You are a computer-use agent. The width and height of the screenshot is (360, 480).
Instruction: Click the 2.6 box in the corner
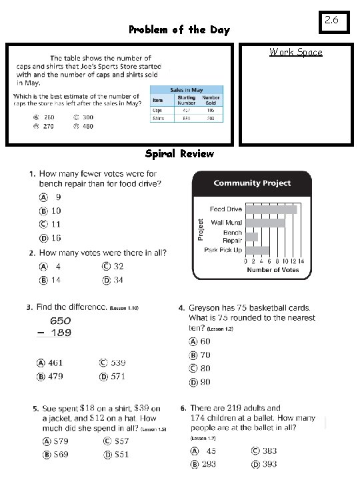(x=333, y=21)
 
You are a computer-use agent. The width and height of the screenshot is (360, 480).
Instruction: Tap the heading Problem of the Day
(x=179, y=29)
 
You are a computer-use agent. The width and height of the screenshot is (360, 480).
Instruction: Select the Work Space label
(x=295, y=52)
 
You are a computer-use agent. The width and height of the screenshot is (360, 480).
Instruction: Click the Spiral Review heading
(x=180, y=154)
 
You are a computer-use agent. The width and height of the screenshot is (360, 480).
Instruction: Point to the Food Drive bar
(x=271, y=209)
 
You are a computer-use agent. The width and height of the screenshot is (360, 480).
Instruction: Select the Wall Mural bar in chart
(x=265, y=223)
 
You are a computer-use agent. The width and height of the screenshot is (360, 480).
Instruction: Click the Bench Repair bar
(x=251, y=237)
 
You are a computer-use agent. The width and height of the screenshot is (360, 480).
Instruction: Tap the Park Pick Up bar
(x=257, y=250)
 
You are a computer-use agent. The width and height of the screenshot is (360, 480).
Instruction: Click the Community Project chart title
(x=251, y=183)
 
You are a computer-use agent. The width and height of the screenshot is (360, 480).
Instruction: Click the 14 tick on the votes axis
(x=301, y=261)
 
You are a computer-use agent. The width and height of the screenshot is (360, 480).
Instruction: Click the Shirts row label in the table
(x=159, y=118)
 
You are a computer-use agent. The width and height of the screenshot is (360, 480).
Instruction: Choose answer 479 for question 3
(x=55, y=377)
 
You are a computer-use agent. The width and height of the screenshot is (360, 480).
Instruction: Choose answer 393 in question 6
(x=269, y=464)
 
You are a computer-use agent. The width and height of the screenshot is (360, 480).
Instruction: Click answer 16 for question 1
(x=56, y=237)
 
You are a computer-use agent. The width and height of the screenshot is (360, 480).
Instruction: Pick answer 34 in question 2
(x=117, y=280)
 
